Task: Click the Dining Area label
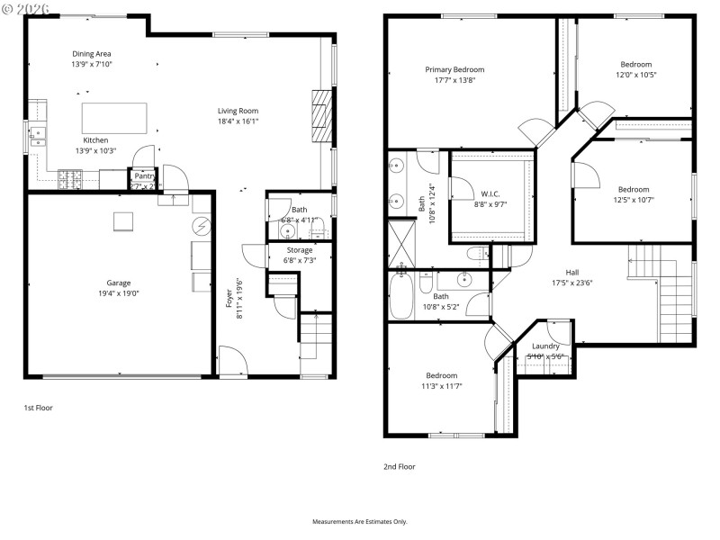click(x=92, y=54)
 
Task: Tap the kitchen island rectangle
click(x=115, y=117)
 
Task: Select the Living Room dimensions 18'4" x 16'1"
click(x=238, y=121)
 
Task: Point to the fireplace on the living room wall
click(x=321, y=111)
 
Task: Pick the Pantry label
click(x=145, y=175)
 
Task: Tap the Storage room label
click(x=300, y=249)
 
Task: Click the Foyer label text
click(x=229, y=298)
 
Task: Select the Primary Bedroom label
click(x=454, y=69)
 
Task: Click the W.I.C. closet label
click(x=490, y=193)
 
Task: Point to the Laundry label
click(x=545, y=346)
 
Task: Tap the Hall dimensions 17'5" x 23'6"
click(x=572, y=283)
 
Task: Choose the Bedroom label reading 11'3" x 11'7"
click(x=441, y=375)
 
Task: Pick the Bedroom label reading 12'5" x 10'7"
click(x=634, y=189)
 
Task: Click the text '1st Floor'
click(x=38, y=408)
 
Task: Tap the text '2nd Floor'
click(x=400, y=467)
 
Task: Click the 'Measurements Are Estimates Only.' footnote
click(x=360, y=521)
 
